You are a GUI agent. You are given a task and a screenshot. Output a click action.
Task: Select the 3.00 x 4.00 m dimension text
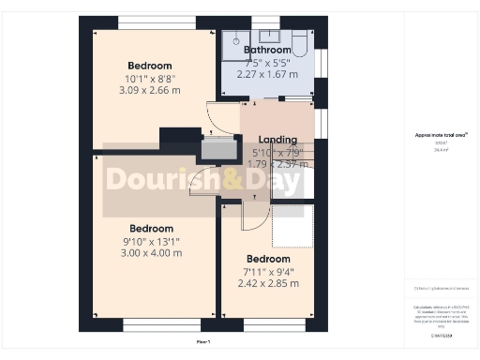click(x=151, y=252)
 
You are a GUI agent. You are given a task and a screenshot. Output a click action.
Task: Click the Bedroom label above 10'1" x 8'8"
click(x=151, y=65)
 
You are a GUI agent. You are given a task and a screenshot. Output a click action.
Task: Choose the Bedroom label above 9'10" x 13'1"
click(x=151, y=228)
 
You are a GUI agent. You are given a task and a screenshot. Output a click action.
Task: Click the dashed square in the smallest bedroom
click(x=291, y=226)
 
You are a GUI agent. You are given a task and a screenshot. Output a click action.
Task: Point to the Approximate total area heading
click(x=440, y=135)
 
